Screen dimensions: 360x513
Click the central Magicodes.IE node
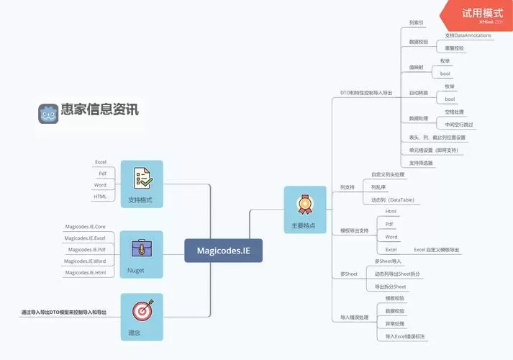(223, 251)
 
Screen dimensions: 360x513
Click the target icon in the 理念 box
(142, 311)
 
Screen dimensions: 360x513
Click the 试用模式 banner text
(481, 12)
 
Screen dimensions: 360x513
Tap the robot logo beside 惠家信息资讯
(48, 113)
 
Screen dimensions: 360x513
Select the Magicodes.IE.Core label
(85, 226)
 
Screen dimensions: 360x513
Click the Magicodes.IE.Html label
(85, 272)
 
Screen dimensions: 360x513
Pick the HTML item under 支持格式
(100, 197)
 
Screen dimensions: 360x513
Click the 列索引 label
(416, 23)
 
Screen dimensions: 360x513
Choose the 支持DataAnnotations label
(468, 35)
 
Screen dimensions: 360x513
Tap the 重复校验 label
(454, 48)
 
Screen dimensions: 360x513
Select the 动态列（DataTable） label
(393, 199)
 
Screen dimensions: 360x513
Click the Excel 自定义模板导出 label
(436, 249)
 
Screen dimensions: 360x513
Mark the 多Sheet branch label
(348, 274)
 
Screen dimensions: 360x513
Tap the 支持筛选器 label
(422, 163)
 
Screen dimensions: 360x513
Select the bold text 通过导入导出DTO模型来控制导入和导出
(63, 312)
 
